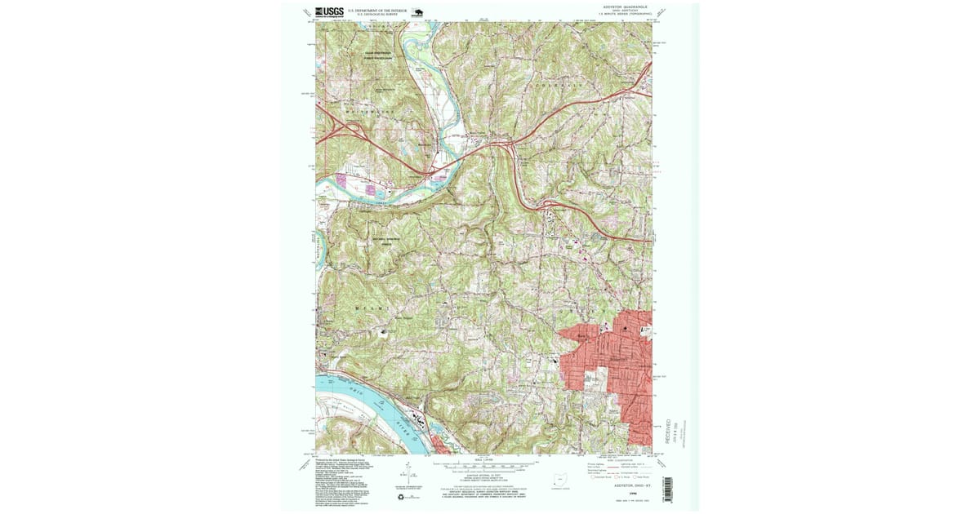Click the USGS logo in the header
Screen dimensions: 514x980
330,11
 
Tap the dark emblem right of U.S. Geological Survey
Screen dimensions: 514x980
418,12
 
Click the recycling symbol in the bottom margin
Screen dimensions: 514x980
401,496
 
